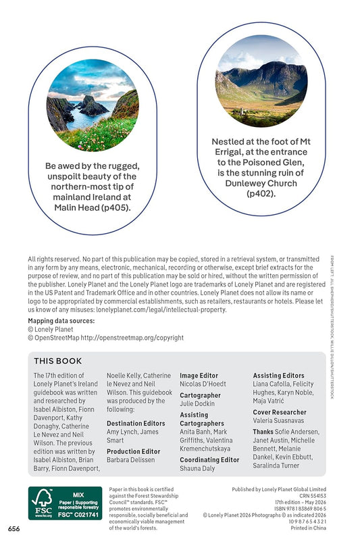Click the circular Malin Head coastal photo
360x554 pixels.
pos(92,105)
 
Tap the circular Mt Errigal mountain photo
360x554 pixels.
pos(262,81)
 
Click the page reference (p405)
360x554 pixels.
pos(115,208)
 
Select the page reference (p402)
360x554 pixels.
pos(262,194)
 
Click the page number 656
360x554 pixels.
pos(14,528)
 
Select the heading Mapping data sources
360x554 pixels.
pos(61,321)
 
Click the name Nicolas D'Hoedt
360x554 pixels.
pos(203,384)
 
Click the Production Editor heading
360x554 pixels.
pos(133,451)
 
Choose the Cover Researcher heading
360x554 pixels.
pos(279,412)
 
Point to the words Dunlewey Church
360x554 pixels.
pos(262,182)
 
